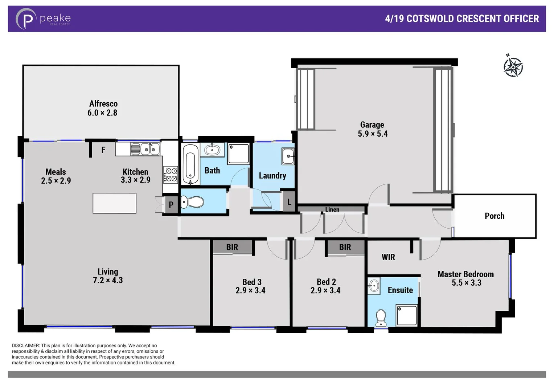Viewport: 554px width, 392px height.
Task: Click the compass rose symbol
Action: (513, 66)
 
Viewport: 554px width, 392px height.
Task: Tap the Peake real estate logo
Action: (43, 19)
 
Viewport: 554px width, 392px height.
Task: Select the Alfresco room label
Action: (103, 104)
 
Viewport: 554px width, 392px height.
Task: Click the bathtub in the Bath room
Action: (190, 164)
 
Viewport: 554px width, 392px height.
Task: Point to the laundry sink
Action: (288, 156)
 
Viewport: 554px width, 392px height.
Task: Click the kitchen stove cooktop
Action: (170, 174)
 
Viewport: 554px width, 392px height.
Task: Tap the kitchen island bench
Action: (114, 203)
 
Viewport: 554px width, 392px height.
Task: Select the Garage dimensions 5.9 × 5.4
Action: (373, 134)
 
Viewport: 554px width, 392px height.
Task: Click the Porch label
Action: (495, 216)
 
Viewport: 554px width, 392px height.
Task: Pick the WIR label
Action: (388, 257)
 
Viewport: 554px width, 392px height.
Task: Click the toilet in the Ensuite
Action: (381, 318)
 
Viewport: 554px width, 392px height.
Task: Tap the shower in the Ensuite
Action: (407, 315)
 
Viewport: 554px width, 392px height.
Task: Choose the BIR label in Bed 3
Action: (232, 247)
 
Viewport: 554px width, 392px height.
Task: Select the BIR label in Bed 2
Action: (345, 247)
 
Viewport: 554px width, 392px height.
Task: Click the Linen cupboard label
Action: (332, 209)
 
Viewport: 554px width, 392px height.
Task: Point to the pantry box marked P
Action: (171, 205)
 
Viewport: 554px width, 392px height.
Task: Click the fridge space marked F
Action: (103, 150)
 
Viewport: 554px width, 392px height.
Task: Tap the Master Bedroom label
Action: (465, 274)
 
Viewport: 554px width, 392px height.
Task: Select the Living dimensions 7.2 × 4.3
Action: (108, 280)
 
